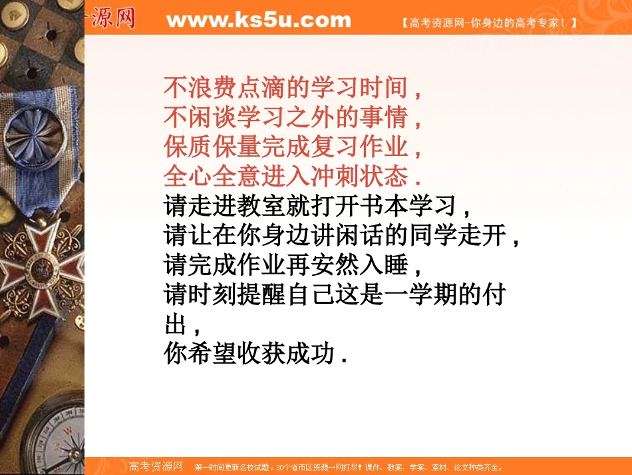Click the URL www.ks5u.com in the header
[258, 20]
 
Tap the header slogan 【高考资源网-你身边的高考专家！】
[489, 23]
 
